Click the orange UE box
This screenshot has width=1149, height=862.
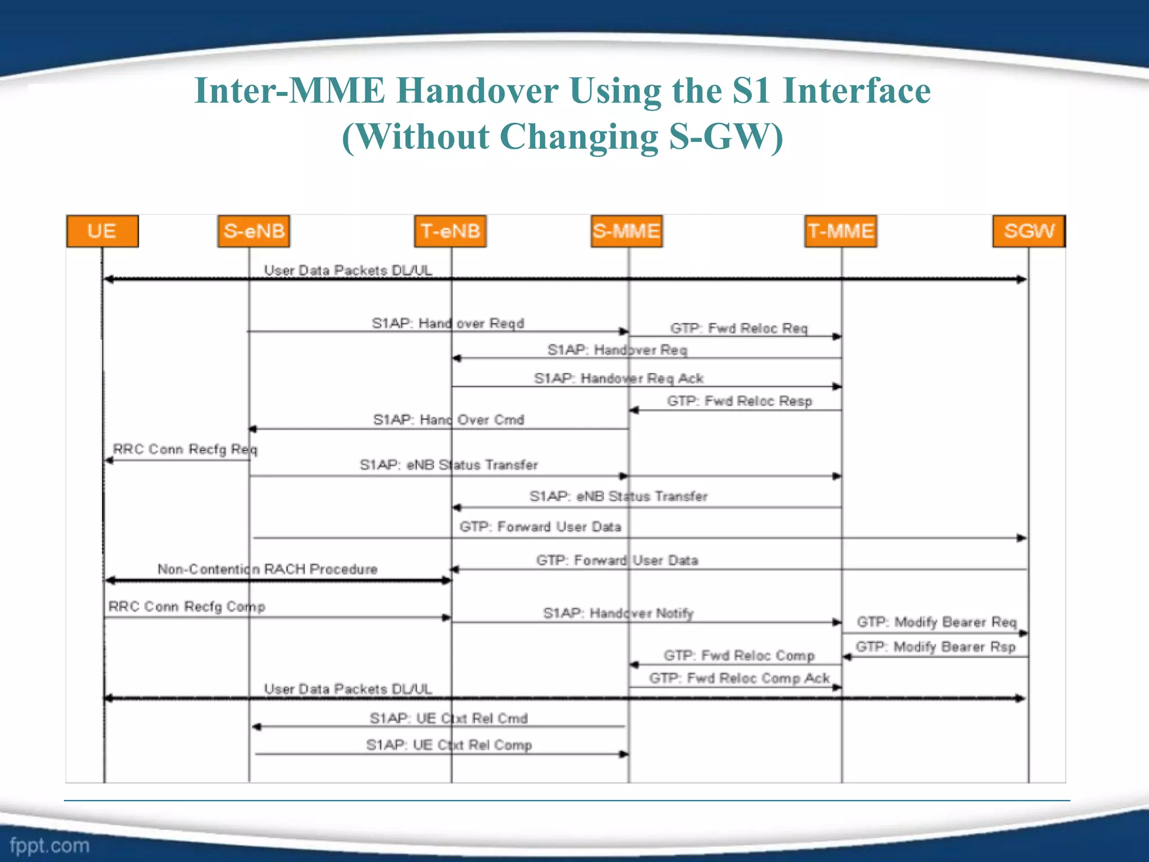[x=102, y=231]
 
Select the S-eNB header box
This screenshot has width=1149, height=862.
[x=254, y=231]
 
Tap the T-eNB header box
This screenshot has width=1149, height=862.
[x=451, y=231]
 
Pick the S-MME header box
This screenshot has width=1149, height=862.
[x=627, y=231]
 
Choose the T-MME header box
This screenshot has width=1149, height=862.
[x=840, y=231]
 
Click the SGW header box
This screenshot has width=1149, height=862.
[x=1029, y=231]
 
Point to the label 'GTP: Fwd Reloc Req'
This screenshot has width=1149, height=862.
[x=739, y=328]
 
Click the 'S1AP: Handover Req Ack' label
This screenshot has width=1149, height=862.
[x=618, y=379]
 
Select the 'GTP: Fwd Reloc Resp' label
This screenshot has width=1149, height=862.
[x=739, y=401]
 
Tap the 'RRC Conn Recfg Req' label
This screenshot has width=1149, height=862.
[x=185, y=450]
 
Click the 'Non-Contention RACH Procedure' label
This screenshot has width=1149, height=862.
[x=268, y=570]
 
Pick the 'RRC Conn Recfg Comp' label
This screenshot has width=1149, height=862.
[x=187, y=607]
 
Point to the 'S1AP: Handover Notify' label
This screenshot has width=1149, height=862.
[x=618, y=613]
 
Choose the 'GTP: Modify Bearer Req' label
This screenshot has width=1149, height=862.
[x=936, y=622]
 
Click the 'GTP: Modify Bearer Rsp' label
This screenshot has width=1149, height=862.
[x=935, y=647]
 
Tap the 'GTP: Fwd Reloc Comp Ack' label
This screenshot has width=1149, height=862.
[x=739, y=678]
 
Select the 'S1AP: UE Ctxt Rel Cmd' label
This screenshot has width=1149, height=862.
[x=448, y=719]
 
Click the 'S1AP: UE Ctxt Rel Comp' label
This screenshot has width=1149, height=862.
[x=449, y=745]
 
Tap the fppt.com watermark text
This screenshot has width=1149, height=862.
[x=49, y=845]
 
